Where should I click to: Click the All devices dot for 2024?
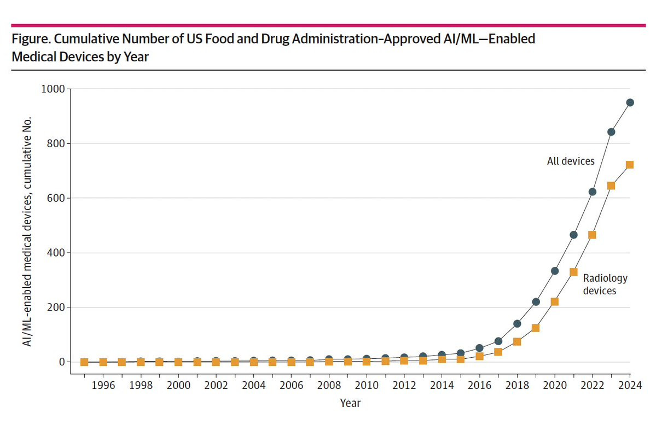(x=630, y=102)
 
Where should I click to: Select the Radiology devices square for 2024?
(x=629, y=165)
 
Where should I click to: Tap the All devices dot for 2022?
(x=592, y=191)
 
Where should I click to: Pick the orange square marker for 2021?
(x=573, y=272)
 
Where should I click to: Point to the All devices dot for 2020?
(x=555, y=271)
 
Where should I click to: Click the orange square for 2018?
(x=517, y=342)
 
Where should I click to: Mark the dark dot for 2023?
(x=611, y=132)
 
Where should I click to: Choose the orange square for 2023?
(x=611, y=186)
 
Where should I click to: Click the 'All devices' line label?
(x=571, y=161)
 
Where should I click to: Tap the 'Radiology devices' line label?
(x=605, y=284)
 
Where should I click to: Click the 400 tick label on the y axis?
(x=53, y=253)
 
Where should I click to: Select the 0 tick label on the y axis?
(x=62, y=362)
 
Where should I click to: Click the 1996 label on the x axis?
(x=103, y=385)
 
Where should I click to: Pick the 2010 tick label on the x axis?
(x=367, y=385)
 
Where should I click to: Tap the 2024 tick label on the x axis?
(x=630, y=385)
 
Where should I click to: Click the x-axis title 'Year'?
(x=350, y=403)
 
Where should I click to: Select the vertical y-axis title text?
(x=27, y=231)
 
